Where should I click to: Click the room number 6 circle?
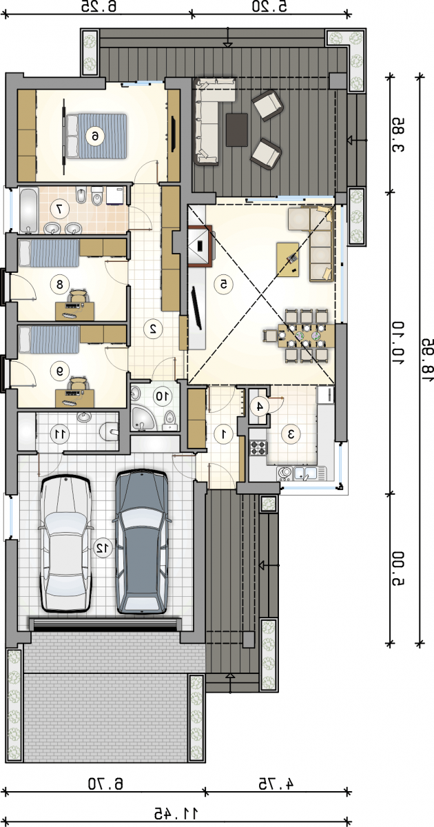tap(95, 136)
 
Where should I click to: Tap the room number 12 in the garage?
tap(103, 548)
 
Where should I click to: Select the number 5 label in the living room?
tap(223, 284)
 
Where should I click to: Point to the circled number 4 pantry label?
tap(260, 407)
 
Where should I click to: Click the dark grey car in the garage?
tap(142, 542)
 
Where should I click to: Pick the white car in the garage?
tap(66, 544)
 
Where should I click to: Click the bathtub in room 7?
tap(28, 210)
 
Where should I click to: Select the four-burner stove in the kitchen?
tap(258, 448)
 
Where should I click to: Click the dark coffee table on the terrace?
tap(237, 130)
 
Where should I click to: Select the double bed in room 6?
tap(96, 136)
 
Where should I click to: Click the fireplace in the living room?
tap(200, 245)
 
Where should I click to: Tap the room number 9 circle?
tap(60, 371)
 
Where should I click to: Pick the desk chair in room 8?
tap(77, 295)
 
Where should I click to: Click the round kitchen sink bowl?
tap(284, 472)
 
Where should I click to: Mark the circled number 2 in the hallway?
tap(152, 328)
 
